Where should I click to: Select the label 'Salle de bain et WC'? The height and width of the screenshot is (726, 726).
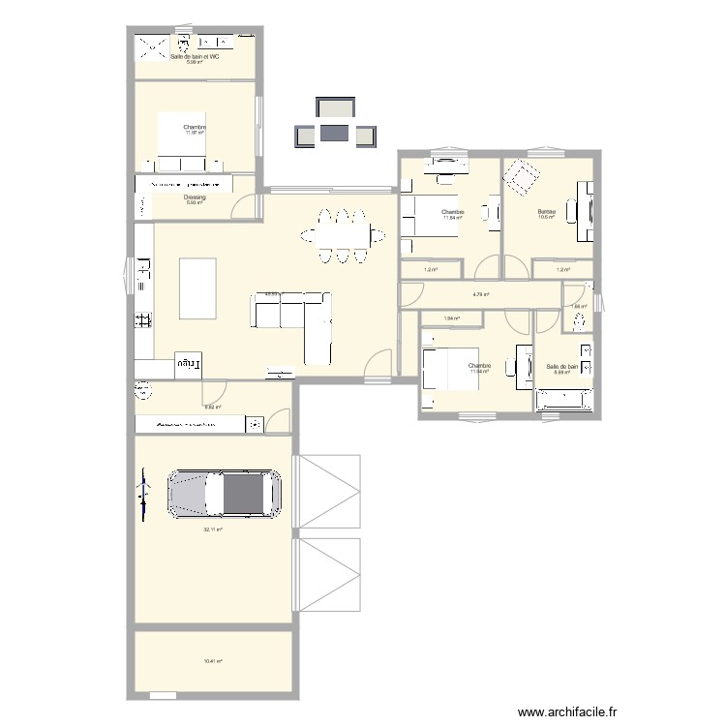pyautogui.click(x=195, y=57)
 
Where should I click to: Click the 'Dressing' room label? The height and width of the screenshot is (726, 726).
pyautogui.click(x=195, y=197)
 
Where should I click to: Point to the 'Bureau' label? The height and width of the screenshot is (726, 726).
pyautogui.click(x=547, y=211)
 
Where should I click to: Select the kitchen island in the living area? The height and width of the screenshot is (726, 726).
pyautogui.click(x=199, y=287)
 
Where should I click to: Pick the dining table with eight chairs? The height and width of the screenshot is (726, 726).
pyautogui.click(x=341, y=234)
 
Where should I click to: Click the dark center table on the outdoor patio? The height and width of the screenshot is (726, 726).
pyautogui.click(x=335, y=133)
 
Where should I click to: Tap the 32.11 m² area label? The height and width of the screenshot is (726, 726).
pyautogui.click(x=213, y=529)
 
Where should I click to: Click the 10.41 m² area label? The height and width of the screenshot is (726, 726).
pyautogui.click(x=213, y=661)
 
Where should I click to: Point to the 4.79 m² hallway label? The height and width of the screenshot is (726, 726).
pyautogui.click(x=480, y=294)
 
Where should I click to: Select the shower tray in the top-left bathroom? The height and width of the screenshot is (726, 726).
pyautogui.click(x=152, y=47)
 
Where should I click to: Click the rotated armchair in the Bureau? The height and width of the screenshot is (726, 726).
pyautogui.click(x=524, y=178)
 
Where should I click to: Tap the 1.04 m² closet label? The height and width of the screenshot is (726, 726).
pyautogui.click(x=451, y=318)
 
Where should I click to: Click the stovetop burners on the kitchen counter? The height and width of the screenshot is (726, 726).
pyautogui.click(x=143, y=319)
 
